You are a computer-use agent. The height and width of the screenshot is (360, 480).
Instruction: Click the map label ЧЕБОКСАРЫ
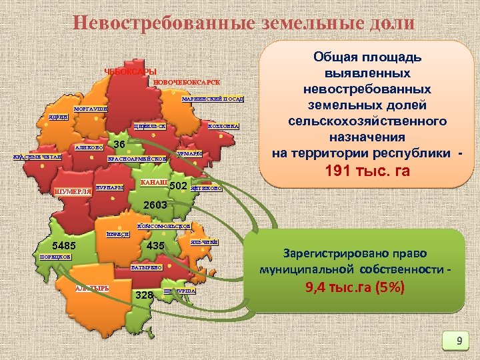pyautogui.click(x=130, y=72)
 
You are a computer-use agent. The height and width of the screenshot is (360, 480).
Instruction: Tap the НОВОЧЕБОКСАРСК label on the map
pyautogui.click(x=187, y=83)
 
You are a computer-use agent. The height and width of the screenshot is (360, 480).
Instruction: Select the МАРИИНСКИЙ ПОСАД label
pyautogui.click(x=213, y=100)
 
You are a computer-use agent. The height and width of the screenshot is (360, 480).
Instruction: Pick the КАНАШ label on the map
pyautogui.click(x=153, y=183)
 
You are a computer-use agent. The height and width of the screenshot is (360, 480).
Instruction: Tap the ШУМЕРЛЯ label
pyautogui.click(x=73, y=193)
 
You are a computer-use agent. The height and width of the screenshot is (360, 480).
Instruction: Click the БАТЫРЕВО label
pyautogui.click(x=147, y=267)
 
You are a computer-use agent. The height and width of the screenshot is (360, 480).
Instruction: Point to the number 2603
pyautogui.click(x=154, y=207)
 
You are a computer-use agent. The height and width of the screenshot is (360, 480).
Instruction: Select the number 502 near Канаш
pyautogui.click(x=181, y=185)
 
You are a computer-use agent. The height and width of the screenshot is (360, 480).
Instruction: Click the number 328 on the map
pyautogui.click(x=145, y=295)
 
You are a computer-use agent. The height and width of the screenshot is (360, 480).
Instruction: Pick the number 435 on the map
pyautogui.click(x=155, y=246)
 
